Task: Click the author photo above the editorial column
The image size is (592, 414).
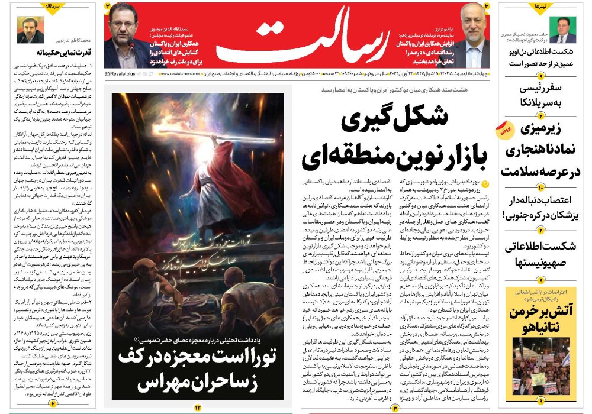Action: [x=30, y=28]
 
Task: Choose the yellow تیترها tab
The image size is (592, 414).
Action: [x=539, y=7]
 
